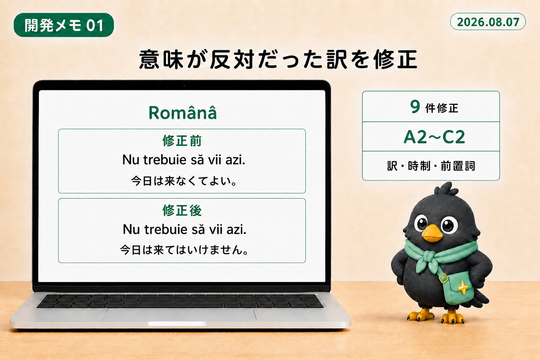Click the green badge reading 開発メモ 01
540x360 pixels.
click(x=64, y=25)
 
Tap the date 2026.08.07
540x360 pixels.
click(x=488, y=22)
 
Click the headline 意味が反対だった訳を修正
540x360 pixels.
click(x=278, y=59)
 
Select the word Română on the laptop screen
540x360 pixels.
click(x=182, y=112)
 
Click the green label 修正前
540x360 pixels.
click(x=182, y=141)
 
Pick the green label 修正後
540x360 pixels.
click(x=182, y=211)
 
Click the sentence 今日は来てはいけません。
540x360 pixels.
click(x=184, y=250)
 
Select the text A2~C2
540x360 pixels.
click(x=434, y=137)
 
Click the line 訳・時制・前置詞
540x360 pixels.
click(x=431, y=166)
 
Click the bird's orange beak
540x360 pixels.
click(x=431, y=233)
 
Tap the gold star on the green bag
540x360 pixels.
click(x=463, y=288)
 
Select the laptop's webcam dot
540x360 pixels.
click(x=184, y=85)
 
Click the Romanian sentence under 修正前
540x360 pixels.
click(x=184, y=160)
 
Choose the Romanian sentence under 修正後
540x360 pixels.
click(x=185, y=229)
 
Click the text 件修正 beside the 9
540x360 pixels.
click(x=442, y=108)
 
